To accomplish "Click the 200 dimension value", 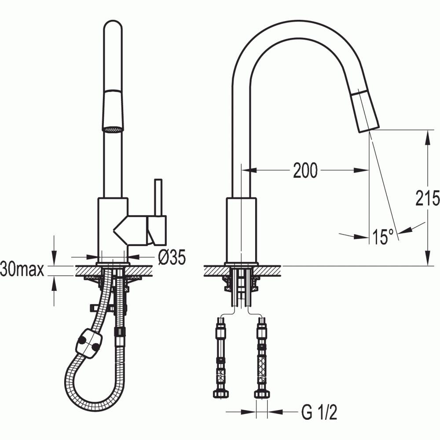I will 305,170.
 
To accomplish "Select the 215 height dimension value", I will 427,198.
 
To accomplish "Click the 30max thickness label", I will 22,269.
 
